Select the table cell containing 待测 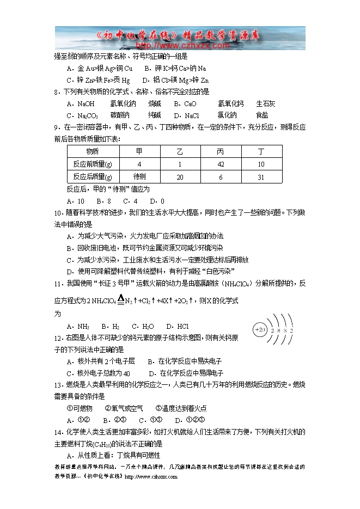139,177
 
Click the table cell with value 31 261,177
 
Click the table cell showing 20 180,177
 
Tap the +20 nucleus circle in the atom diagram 260,330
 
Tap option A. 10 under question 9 75,201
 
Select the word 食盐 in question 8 262,115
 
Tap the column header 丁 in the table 261,151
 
